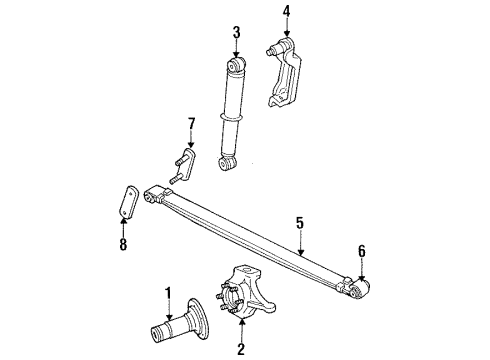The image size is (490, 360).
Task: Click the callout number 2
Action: click(x=241, y=350)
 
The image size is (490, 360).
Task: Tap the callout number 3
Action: click(x=236, y=33)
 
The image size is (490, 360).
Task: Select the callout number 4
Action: click(x=285, y=13)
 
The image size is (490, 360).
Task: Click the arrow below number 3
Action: click(x=236, y=50)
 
